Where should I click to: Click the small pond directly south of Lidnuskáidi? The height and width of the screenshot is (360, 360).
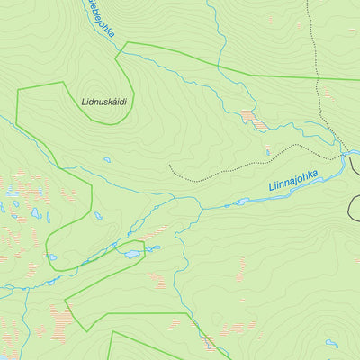pos(107,160)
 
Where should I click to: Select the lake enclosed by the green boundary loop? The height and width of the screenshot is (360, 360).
pos(132,254)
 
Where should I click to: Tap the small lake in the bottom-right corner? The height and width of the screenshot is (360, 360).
pos(332,343)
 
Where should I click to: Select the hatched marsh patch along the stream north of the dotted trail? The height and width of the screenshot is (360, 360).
pos(252,118)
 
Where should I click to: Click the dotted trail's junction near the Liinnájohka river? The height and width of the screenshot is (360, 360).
pos(343,155)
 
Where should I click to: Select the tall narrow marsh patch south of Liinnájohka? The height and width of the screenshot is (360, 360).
pos(241,267)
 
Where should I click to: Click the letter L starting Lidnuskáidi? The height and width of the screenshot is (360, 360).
pos(83,102)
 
